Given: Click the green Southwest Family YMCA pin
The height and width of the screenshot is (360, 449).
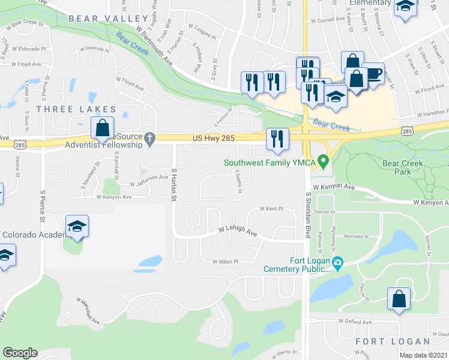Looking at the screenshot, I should point(324,161).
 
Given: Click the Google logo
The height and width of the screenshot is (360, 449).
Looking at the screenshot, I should point(20,353).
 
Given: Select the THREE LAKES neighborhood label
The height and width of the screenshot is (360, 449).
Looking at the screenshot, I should point(76,109).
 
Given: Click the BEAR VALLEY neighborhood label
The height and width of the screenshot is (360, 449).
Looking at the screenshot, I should point(100,19).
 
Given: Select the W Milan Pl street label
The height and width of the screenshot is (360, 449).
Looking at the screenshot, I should point(225,262).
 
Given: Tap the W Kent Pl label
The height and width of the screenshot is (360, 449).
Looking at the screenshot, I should point(271,209).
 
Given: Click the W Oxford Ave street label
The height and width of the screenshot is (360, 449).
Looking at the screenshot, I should point(354,321).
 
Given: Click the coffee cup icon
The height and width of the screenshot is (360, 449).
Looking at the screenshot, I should point(373,73).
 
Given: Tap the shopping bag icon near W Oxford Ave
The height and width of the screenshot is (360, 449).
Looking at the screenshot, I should point(399,299).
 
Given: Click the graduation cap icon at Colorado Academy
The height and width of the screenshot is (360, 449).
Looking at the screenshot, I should point(77,226).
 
